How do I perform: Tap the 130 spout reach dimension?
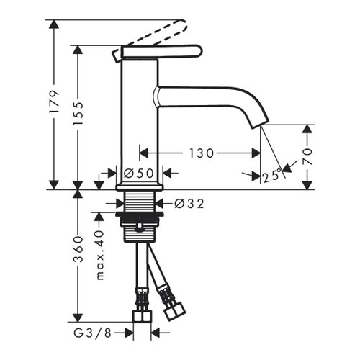coord(199,153)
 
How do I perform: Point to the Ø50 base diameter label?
coord(139,173)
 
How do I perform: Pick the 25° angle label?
coord(271,176)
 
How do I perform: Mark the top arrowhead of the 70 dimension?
coord(308,129)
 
